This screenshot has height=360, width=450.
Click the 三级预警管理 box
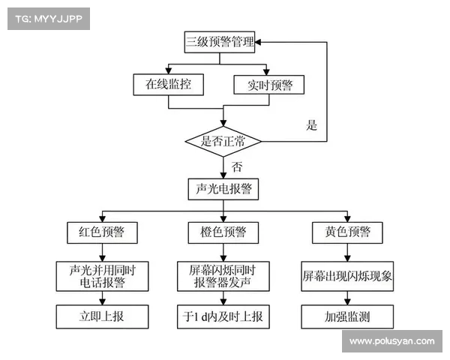pos(220,42)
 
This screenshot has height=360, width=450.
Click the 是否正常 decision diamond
pos(223,140)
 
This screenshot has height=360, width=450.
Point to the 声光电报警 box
pos(223,189)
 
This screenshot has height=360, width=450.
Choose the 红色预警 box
pos(102,232)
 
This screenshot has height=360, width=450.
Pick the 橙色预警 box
pos(223,232)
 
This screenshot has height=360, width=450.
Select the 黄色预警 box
pos(346,232)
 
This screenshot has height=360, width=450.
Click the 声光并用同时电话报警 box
pos(102,275)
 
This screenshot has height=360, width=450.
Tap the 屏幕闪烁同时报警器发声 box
pos(223,275)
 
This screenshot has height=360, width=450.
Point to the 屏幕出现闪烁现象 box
pos(347,275)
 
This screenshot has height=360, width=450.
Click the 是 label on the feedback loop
pos(312,125)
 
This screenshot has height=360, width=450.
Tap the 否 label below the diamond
pos(237,166)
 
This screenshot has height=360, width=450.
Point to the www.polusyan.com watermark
pos(391,341)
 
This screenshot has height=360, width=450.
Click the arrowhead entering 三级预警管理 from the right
pos(261,42)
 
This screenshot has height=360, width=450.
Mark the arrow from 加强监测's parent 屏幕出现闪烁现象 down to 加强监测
pos(347,297)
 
